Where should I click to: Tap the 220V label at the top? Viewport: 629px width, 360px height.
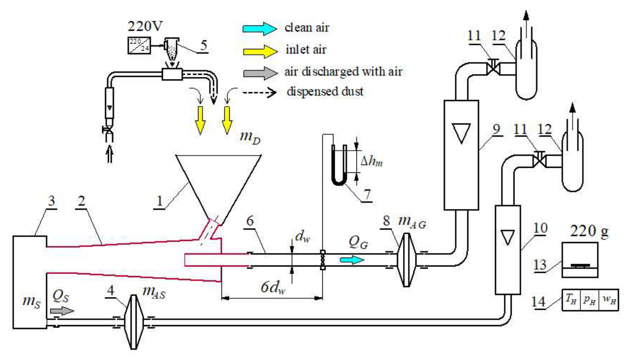(x=145, y=26)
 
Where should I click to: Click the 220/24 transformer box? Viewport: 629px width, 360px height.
(x=139, y=45)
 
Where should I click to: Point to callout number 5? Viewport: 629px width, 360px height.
(x=204, y=45)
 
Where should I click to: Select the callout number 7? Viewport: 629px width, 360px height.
(x=367, y=194)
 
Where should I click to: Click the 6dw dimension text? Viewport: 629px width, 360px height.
(x=273, y=287)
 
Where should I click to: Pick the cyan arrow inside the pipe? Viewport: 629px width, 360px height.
(x=352, y=260)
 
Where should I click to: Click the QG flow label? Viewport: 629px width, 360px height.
(x=358, y=242)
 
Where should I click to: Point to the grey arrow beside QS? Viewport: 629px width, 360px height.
(x=62, y=311)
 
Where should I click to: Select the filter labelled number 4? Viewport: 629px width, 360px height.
(x=134, y=322)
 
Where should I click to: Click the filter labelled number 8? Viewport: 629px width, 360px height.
(x=406, y=260)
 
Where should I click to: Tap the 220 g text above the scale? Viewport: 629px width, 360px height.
(x=589, y=232)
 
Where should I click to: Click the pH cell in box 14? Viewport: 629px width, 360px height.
(x=589, y=300)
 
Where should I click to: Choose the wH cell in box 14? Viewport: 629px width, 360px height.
(x=609, y=300)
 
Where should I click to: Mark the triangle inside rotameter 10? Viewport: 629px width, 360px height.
(x=508, y=237)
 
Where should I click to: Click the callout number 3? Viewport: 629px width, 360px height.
(x=51, y=201)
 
